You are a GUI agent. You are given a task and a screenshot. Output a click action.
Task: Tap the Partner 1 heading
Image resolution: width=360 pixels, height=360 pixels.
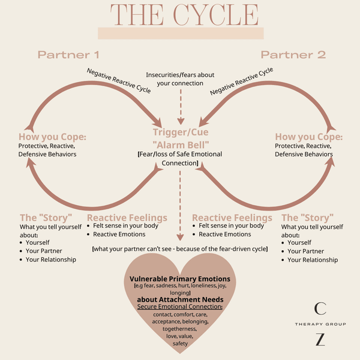pyautogui.click(x=68, y=55)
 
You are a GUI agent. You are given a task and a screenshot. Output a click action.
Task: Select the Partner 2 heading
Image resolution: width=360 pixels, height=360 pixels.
pyautogui.click(x=293, y=55)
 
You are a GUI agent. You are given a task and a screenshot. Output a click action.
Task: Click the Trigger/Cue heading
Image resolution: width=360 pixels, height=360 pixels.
pyautogui.click(x=179, y=132)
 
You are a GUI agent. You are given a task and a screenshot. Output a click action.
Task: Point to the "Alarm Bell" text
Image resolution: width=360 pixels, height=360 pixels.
pyautogui.click(x=179, y=144)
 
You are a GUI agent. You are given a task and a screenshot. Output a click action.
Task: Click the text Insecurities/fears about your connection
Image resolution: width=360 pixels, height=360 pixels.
pyautogui.click(x=180, y=79)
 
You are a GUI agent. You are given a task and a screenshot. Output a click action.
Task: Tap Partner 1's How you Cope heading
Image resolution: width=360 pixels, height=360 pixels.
pyautogui.click(x=52, y=137)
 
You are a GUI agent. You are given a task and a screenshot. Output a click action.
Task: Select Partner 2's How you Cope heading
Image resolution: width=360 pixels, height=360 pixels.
pyautogui.click(x=308, y=137)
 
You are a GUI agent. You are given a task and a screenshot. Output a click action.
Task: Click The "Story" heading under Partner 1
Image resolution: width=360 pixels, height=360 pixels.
pyautogui.click(x=46, y=217)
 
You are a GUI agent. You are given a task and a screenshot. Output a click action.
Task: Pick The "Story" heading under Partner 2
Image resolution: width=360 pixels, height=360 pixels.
pyautogui.click(x=308, y=217)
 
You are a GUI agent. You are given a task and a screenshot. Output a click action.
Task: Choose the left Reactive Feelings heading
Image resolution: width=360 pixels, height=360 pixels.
pyautogui.click(x=127, y=217)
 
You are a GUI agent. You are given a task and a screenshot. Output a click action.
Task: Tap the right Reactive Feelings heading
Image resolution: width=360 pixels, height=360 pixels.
pyautogui.click(x=232, y=217)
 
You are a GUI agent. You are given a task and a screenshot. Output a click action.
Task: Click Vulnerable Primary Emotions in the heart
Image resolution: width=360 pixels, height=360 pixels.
pyautogui.click(x=179, y=278)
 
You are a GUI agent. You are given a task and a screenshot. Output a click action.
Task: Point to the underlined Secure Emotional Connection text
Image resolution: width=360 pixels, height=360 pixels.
pyautogui.click(x=179, y=307)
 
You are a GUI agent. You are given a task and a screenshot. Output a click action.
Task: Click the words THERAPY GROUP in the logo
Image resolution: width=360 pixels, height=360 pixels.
pyautogui.click(x=320, y=324)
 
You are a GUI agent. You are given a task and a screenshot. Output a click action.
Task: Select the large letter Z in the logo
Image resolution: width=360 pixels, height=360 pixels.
pyautogui.click(x=320, y=339)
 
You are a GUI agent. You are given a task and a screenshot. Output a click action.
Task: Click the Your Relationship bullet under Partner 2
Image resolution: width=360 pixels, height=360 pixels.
pyautogui.click(x=313, y=260)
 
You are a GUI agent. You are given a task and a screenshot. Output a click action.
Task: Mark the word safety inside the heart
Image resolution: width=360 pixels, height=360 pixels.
pyautogui.click(x=180, y=344)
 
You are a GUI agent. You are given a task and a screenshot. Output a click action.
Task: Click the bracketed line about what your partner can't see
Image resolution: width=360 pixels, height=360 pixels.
pyautogui.click(x=179, y=248)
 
